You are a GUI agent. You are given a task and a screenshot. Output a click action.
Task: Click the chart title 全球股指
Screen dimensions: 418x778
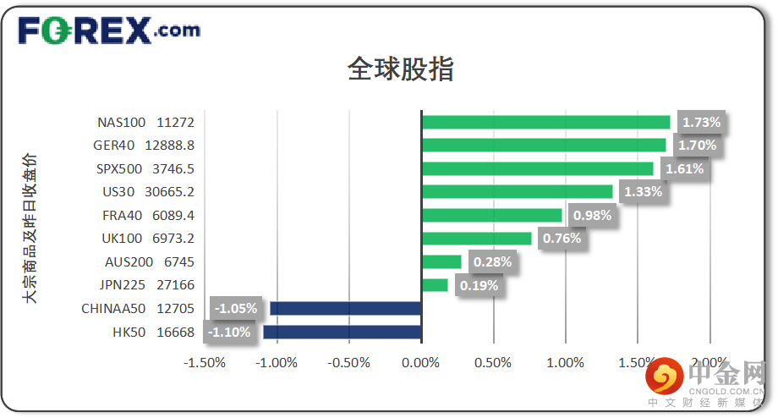[x=400, y=69]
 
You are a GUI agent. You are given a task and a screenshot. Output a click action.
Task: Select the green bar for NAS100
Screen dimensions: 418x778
[x=545, y=123]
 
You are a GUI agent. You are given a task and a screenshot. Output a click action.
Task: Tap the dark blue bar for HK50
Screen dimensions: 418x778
[x=342, y=333]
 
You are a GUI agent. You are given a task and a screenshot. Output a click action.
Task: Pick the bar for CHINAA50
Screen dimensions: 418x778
[x=345, y=309]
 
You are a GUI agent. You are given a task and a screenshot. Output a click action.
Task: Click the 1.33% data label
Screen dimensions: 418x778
[x=643, y=192]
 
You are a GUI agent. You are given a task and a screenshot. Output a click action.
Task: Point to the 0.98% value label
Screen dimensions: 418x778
[x=592, y=215]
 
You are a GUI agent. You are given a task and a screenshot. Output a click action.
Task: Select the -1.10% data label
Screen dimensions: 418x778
[x=230, y=333]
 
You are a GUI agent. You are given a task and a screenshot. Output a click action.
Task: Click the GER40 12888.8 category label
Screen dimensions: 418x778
[x=144, y=146]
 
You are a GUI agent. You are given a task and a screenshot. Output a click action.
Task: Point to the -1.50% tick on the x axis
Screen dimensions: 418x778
[x=204, y=363]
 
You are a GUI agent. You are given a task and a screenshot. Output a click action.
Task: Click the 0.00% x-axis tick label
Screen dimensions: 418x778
[x=420, y=363]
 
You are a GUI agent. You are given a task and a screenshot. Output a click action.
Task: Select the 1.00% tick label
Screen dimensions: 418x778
[x=565, y=363]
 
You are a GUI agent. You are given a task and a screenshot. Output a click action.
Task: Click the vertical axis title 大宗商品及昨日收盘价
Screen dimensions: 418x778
[x=30, y=228]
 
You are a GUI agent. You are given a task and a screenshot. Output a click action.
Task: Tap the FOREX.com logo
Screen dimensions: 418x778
[x=109, y=30]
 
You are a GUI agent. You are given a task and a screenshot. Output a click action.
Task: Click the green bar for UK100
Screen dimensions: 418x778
[x=476, y=239]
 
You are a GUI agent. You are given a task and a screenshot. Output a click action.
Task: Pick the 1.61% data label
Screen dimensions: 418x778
[x=683, y=168]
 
